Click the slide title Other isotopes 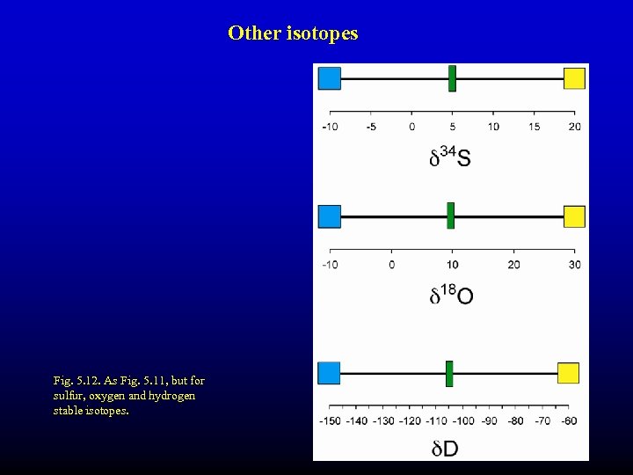click(293, 33)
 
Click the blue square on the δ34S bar click(329, 78)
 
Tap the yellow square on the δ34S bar click(574, 78)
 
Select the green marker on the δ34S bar click(452, 78)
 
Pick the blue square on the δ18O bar click(329, 216)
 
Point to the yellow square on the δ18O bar click(574, 216)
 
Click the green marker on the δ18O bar click(450, 216)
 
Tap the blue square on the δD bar click(329, 373)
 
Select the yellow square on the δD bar click(568, 373)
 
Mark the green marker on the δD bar click(448, 373)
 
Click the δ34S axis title click(449, 157)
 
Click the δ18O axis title click(451, 296)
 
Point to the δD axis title click(445, 449)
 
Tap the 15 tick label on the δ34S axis click(535, 127)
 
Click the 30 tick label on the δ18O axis click(575, 265)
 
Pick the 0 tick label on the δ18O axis click(391, 265)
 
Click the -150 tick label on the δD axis click(331, 420)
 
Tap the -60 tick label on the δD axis click(569, 420)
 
